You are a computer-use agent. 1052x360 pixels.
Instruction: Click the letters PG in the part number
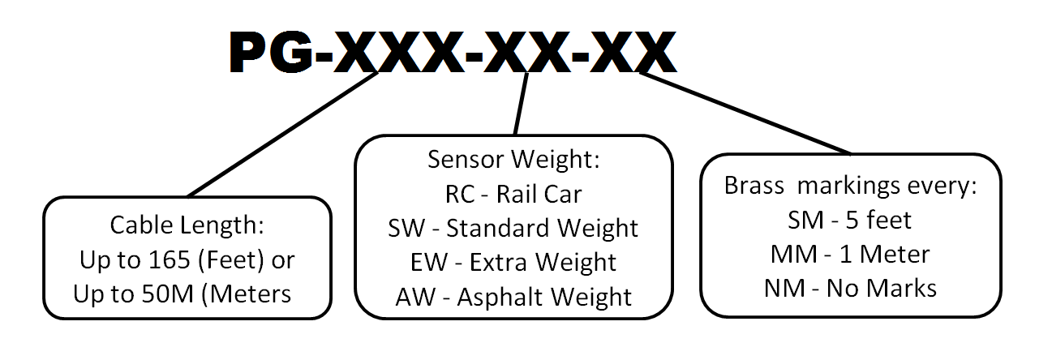[x=271, y=52]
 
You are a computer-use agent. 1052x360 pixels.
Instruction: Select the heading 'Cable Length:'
[x=187, y=225]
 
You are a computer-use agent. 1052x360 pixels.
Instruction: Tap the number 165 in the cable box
[x=169, y=259]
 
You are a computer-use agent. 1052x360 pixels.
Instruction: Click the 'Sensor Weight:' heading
[x=513, y=159]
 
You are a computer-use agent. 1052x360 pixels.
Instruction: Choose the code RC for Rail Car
[x=460, y=195]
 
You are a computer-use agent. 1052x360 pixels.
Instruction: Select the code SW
[x=406, y=228]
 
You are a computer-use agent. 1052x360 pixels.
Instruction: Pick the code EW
[x=429, y=263]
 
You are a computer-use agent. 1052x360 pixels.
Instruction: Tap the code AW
[x=415, y=297]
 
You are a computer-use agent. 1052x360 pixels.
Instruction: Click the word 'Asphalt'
[x=500, y=297]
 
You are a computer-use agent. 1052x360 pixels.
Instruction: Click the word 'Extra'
[x=498, y=263]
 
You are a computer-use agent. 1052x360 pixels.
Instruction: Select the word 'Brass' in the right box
[x=754, y=186]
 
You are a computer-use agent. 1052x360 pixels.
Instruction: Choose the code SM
[x=805, y=220]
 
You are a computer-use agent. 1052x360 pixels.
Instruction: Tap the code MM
[x=794, y=255]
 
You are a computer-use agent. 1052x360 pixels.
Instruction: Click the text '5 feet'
[x=878, y=220]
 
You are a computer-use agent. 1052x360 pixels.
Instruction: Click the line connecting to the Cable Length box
[x=283, y=135]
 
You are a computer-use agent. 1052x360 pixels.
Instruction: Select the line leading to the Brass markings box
[x=745, y=114]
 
